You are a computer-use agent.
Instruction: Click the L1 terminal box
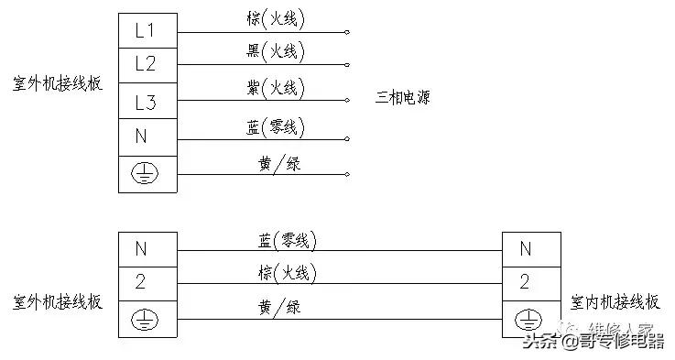coord(147,30)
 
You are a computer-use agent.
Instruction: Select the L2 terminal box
coord(147,64)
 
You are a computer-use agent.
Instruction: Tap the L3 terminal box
coord(147,101)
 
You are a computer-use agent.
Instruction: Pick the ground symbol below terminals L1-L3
coord(147,174)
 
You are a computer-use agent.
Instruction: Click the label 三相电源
coord(402,97)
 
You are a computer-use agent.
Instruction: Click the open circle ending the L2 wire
coord(347,65)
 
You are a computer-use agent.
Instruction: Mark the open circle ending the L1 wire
coord(347,32)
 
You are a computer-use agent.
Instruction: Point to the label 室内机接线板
coord(614,301)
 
